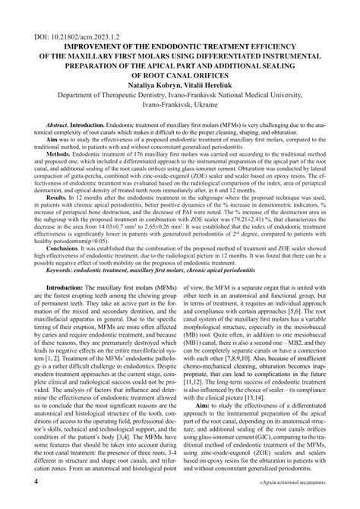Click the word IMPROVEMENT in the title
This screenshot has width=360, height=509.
81,46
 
